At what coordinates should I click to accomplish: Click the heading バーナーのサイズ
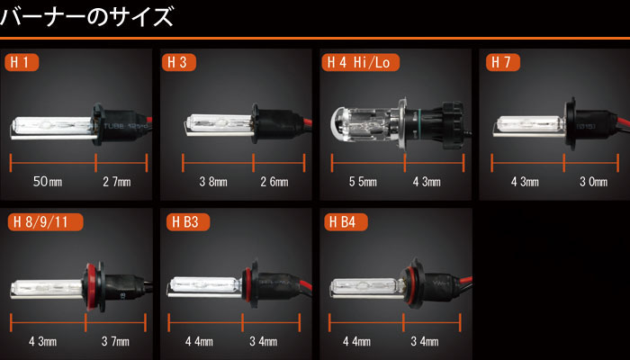[86, 17]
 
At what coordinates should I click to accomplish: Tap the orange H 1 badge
[22, 63]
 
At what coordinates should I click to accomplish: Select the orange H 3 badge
[179, 63]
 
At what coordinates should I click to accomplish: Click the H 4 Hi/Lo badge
[360, 63]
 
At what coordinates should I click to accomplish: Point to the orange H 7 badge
[503, 63]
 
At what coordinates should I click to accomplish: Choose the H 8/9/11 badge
[45, 222]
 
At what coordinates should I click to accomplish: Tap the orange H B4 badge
[346, 222]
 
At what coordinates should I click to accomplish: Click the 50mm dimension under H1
[48, 182]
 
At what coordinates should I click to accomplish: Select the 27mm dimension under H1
[117, 182]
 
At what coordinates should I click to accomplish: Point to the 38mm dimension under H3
[213, 182]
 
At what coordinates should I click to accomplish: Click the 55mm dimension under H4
[363, 182]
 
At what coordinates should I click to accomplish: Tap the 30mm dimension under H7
[593, 182]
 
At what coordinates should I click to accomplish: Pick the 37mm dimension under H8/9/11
[115, 341]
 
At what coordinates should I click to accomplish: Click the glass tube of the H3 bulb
[220, 123]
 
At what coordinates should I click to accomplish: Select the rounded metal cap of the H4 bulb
[337, 125]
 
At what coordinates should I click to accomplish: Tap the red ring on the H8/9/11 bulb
[90, 286]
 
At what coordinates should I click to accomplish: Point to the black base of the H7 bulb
[591, 124]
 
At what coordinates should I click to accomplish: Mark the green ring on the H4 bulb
[419, 124]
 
